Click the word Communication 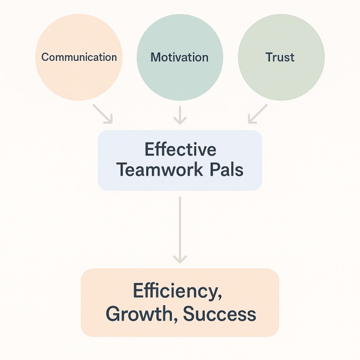[79, 57]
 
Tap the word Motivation [179, 57]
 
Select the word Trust [280, 57]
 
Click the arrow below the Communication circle [104, 114]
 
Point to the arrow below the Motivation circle [179, 115]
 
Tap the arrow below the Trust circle [257, 114]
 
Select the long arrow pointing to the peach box [179, 229]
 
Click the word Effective [180, 149]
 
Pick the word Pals [228, 169]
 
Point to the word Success [220, 314]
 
